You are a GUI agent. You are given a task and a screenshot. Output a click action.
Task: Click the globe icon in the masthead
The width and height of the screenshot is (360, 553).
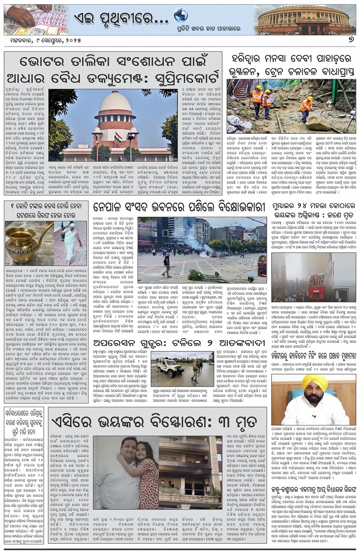coord(181,16)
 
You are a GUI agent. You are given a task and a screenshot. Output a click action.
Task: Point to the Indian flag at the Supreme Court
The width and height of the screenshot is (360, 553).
coord(118,137)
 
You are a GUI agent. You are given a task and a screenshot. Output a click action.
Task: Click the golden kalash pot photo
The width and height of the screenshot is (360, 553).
coord(28,243)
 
